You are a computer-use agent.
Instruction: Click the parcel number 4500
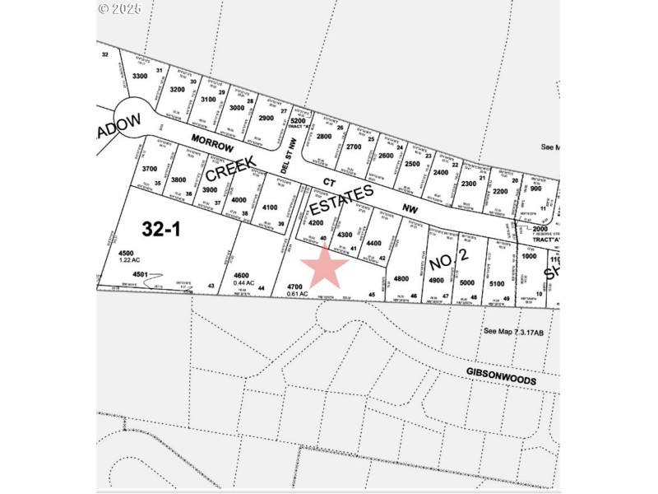tap(126, 253)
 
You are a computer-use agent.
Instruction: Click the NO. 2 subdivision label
tap(449, 263)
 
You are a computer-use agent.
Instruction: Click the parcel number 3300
tap(140, 76)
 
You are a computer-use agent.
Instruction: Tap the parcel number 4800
tap(401, 278)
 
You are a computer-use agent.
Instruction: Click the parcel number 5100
tap(496, 284)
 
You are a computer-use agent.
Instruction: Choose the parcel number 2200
tap(500, 191)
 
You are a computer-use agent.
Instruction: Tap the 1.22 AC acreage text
tap(131, 260)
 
